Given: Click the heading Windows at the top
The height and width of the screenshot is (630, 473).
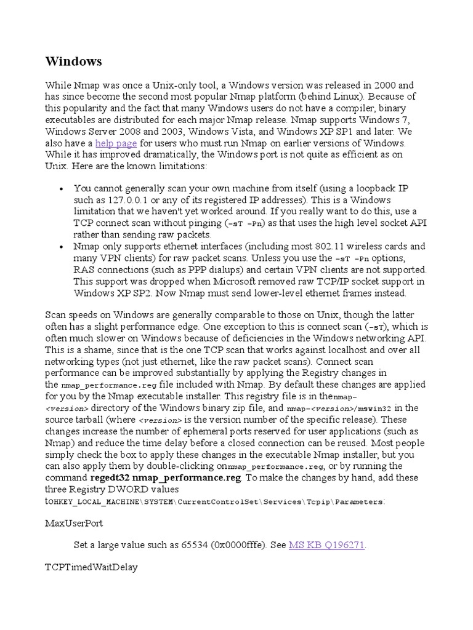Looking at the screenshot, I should [x=74, y=62].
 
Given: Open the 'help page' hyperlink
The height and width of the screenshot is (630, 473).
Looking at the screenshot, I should [x=116, y=143].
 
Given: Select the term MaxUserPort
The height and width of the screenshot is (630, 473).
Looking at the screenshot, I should [x=74, y=524].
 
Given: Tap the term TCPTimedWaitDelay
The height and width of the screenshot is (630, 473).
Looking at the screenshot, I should [x=91, y=567].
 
